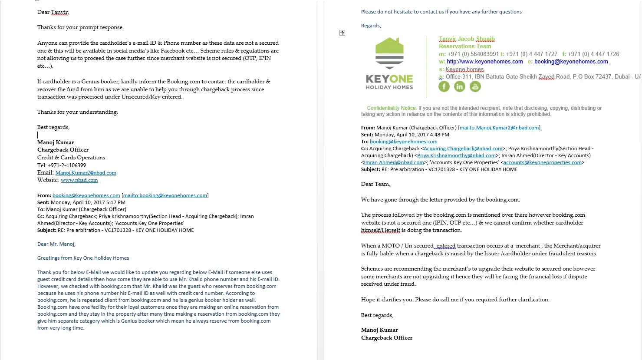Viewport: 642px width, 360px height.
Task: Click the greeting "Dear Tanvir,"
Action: (53, 12)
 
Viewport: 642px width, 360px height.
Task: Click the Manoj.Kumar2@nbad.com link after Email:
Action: (86, 173)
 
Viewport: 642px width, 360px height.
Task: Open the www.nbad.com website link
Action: (79, 180)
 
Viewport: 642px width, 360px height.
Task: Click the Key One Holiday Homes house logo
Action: (389, 53)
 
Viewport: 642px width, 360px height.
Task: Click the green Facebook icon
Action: (444, 86)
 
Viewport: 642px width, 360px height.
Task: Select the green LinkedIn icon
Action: (459, 86)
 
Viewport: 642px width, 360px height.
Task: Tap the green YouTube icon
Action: (475, 86)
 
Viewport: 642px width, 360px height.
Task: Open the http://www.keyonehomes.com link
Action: (484, 62)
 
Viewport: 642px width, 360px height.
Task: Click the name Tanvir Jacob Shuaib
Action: (467, 39)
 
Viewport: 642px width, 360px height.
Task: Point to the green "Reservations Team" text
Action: (465, 46)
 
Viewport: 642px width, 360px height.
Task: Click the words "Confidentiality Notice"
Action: (391, 108)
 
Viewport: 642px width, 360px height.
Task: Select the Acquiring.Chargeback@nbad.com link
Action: (463, 149)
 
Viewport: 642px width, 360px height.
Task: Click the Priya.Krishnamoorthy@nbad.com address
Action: (456, 155)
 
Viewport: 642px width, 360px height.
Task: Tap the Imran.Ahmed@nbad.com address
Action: (394, 162)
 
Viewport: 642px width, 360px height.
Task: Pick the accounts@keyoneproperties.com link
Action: (542, 162)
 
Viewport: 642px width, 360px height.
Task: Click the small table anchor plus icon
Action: (342, 33)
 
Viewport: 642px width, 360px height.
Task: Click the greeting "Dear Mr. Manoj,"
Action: (56, 244)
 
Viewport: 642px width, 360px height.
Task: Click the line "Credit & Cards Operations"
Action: (71, 158)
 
